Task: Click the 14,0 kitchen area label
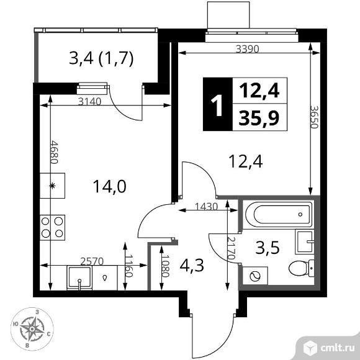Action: click(109, 186)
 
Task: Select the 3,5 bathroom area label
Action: click(268, 248)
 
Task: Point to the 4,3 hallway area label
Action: click(192, 266)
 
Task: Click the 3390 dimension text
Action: click(248, 49)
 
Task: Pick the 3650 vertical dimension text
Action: click(314, 117)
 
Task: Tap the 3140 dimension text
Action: click(89, 101)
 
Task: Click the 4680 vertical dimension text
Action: click(54, 152)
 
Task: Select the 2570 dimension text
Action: click(92, 261)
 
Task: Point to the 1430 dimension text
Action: click(206, 207)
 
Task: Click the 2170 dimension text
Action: click(231, 248)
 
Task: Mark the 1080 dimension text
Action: click(165, 266)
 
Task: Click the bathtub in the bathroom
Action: click(277, 214)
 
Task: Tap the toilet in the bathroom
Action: click(301, 268)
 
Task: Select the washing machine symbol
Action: click(255, 276)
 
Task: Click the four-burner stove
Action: click(52, 228)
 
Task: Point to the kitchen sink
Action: click(79, 277)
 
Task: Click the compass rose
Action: click(32, 329)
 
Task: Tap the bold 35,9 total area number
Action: click(259, 117)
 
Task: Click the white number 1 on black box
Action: click(217, 105)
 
